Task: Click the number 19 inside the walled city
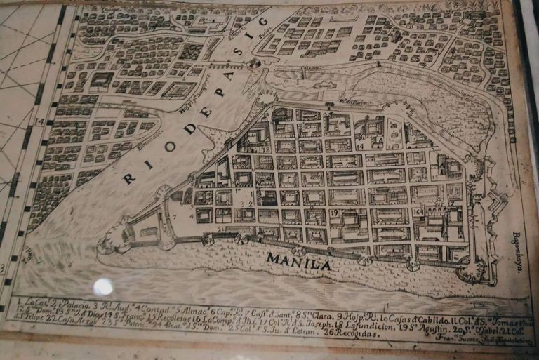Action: tap(335, 213)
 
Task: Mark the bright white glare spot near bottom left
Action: tap(103, 286)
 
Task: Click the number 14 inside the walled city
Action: tap(359, 147)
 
